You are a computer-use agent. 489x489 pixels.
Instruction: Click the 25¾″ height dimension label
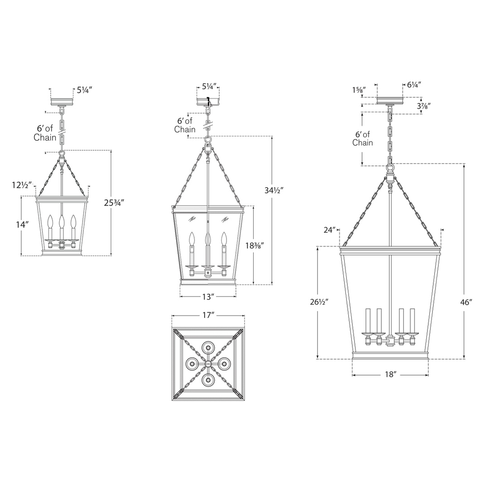pyautogui.click(x=114, y=203)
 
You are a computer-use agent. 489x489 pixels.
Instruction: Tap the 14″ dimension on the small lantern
pyautogui.click(x=23, y=225)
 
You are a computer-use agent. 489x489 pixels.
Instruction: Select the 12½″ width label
pyautogui.click(x=22, y=185)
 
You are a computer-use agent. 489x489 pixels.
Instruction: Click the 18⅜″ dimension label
pyautogui.click(x=255, y=246)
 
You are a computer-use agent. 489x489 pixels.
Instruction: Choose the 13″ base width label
pyautogui.click(x=208, y=297)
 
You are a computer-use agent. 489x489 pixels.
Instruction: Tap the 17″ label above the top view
pyautogui.click(x=208, y=315)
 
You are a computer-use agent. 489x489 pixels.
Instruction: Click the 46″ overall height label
pyautogui.click(x=466, y=302)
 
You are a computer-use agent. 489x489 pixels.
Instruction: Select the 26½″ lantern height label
pyautogui.click(x=319, y=302)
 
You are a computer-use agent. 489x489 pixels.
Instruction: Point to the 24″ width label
pyautogui.click(x=330, y=230)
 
